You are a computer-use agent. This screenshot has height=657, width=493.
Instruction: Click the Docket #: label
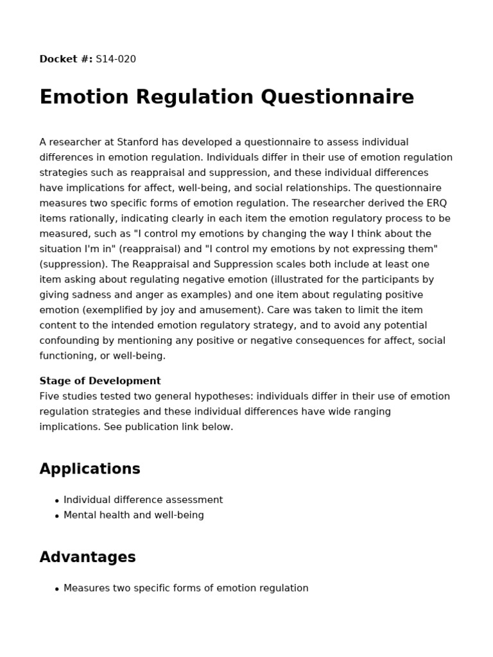(66, 59)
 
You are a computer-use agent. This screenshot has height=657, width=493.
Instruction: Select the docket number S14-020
(116, 59)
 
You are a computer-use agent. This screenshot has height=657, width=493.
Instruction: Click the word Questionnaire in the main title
(337, 97)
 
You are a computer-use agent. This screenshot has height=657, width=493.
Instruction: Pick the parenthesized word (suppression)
(71, 264)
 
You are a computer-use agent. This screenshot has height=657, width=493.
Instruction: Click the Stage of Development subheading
(100, 380)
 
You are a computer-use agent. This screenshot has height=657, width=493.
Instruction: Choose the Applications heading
(90, 469)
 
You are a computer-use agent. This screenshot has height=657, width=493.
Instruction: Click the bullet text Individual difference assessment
(143, 500)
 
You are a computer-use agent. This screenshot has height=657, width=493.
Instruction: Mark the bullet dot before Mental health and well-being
(57, 516)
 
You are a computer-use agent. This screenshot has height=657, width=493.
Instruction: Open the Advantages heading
(87, 557)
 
